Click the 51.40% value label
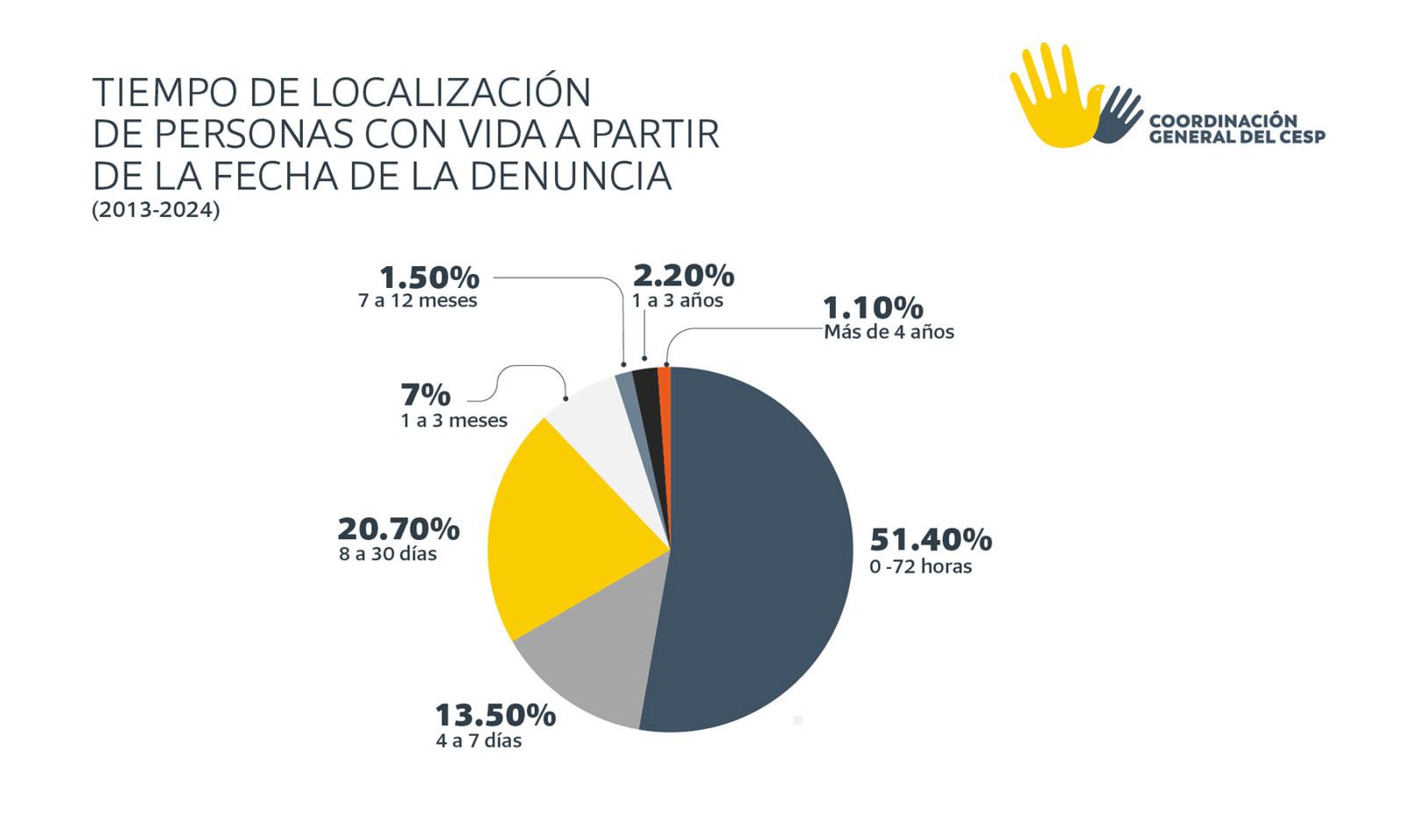coord(930,539)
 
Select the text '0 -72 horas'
coord(920,567)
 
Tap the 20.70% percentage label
coord(398,529)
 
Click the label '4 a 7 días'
coord(479,741)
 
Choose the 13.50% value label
coord(495,715)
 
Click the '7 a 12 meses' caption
coord(417,301)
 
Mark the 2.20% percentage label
coord(683,276)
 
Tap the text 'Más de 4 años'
coord(888,332)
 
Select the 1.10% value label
coord(873,307)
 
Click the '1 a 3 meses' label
coord(454,421)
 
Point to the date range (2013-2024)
coord(155,211)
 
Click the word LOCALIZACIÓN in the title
coord(450,92)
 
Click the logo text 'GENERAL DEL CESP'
coord(1236,136)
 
